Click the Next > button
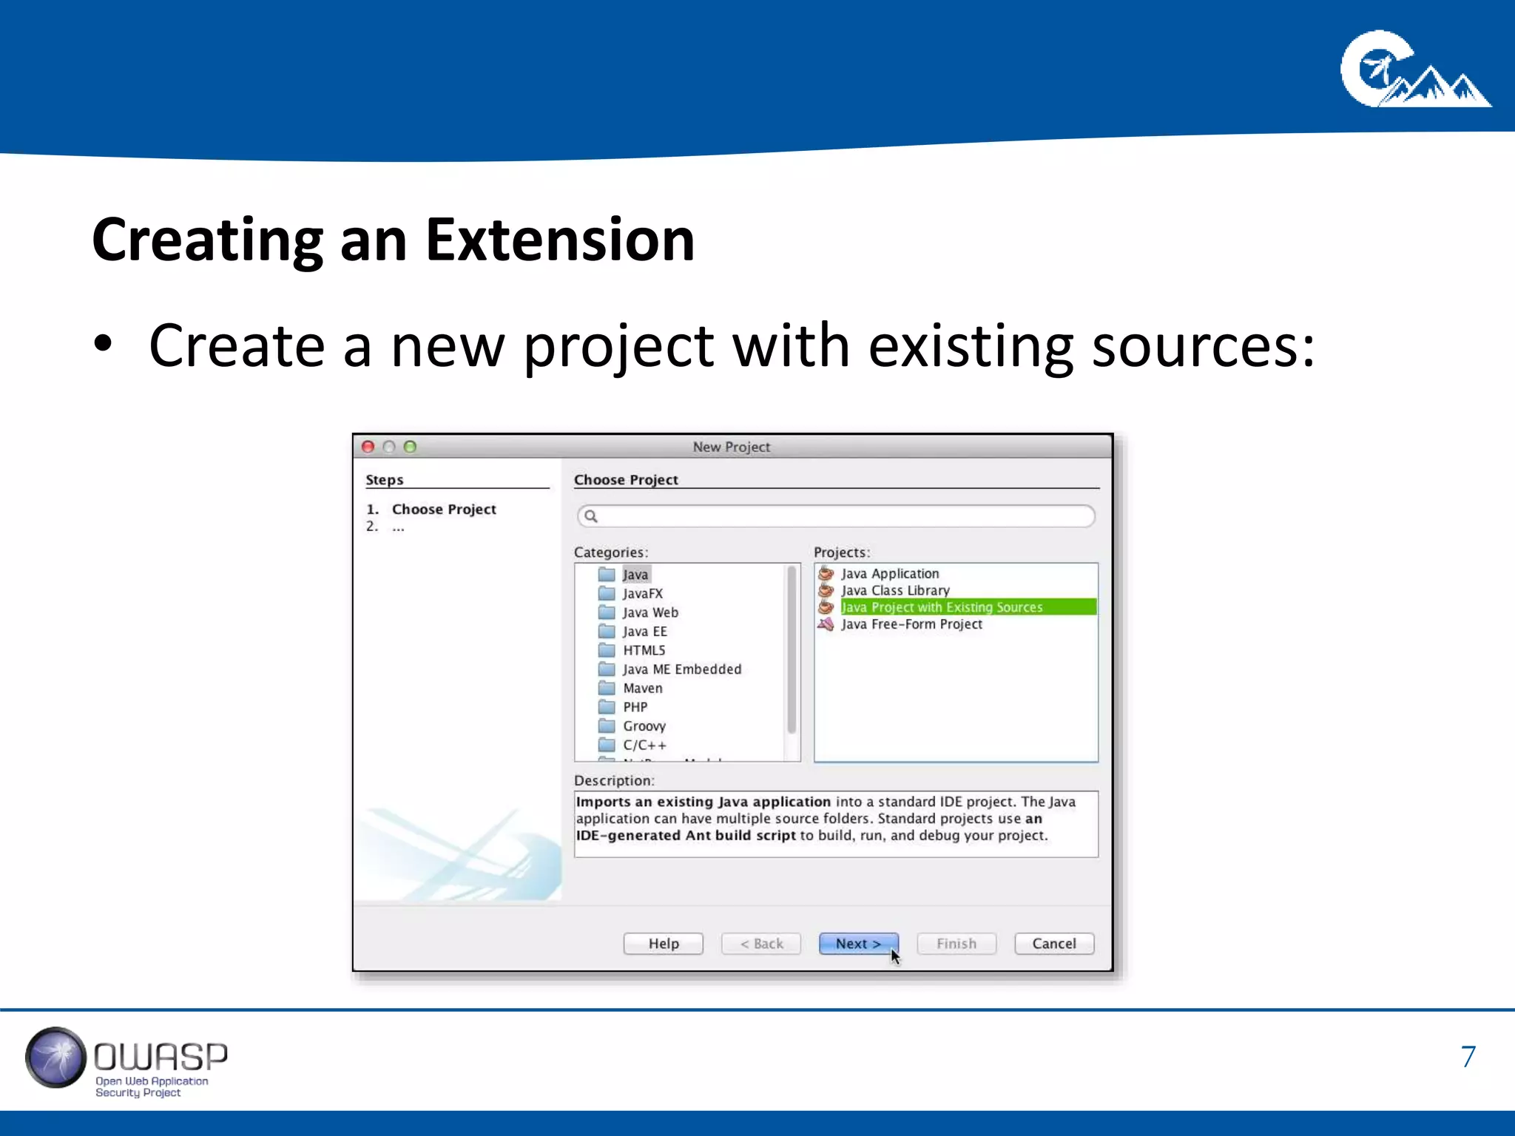pyautogui.click(x=858, y=944)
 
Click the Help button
pyautogui.click(x=663, y=944)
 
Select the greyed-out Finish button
pyautogui.click(x=956, y=944)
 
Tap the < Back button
pyautogui.click(x=761, y=944)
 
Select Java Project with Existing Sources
pyautogui.click(x=941, y=607)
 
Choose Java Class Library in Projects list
pyautogui.click(x=895, y=590)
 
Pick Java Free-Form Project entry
pyautogui.click(x=911, y=624)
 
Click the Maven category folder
pyautogui.click(x=642, y=688)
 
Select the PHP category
pyautogui.click(x=635, y=707)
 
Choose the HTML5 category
pyautogui.click(x=644, y=650)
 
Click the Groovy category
pyautogui.click(x=644, y=726)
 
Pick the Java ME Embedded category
pyautogui.click(x=681, y=669)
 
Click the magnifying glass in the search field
pyautogui.click(x=590, y=516)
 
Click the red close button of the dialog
pyautogui.click(x=368, y=447)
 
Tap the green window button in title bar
pyautogui.click(x=411, y=447)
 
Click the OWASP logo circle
pyautogui.click(x=55, y=1058)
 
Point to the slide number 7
pyautogui.click(x=1468, y=1057)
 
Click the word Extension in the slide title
pyautogui.click(x=560, y=240)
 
